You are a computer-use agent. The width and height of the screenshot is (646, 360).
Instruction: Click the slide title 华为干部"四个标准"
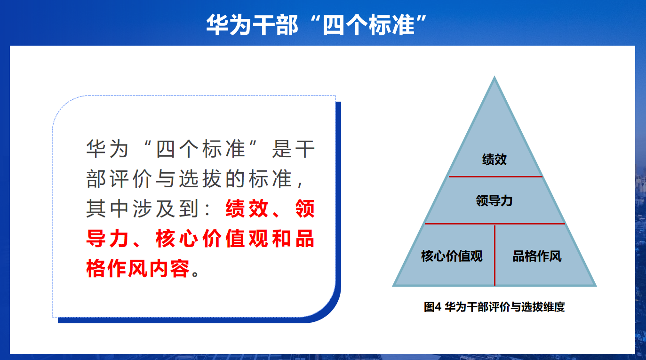[x=316, y=25]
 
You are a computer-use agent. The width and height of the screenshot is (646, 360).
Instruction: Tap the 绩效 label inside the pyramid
[x=494, y=159]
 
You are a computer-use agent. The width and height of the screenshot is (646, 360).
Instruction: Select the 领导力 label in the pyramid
[x=494, y=200]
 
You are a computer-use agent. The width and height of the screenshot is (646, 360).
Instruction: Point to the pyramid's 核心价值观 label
[x=452, y=256]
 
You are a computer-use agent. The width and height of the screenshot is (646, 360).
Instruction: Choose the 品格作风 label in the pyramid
[x=537, y=256]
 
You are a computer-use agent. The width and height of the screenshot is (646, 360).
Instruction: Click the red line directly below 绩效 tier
[x=495, y=176]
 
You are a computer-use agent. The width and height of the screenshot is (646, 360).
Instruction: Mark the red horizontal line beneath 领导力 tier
[x=494, y=224]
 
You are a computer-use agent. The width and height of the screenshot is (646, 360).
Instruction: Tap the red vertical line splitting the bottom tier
[x=494, y=255]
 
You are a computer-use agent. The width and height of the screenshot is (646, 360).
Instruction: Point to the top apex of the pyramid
[x=494, y=76]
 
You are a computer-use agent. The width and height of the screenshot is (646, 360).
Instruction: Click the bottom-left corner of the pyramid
[x=392, y=286]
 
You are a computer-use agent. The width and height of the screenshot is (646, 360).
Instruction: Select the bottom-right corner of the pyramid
[x=597, y=286]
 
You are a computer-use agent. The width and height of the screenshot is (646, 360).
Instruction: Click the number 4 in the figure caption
[x=438, y=307]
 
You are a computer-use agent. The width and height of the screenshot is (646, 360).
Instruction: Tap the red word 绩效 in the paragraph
[x=247, y=208]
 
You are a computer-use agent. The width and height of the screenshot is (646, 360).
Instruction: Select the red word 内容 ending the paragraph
[x=169, y=268]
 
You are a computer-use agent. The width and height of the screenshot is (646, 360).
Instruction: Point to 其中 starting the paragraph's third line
[x=107, y=208]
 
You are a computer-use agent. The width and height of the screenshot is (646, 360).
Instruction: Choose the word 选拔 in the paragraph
[x=200, y=178]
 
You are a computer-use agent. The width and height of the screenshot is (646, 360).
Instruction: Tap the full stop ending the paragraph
[x=195, y=273]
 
